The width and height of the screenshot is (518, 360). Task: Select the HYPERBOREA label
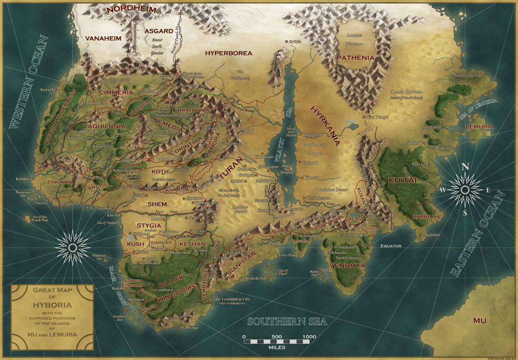tap(229, 53)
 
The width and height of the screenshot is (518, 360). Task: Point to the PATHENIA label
tap(355, 58)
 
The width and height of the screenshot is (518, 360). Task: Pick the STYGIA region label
tap(149, 226)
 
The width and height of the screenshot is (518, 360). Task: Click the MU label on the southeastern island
tap(479, 320)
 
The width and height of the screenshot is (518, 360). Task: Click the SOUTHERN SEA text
tap(287, 321)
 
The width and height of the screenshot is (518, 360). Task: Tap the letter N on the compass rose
tap(465, 167)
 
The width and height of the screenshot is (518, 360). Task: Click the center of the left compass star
tap(72, 247)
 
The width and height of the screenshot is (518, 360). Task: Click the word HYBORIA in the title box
tap(52, 305)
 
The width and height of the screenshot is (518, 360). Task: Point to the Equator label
tap(390, 246)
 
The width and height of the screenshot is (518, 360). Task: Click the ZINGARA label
tap(59, 182)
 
